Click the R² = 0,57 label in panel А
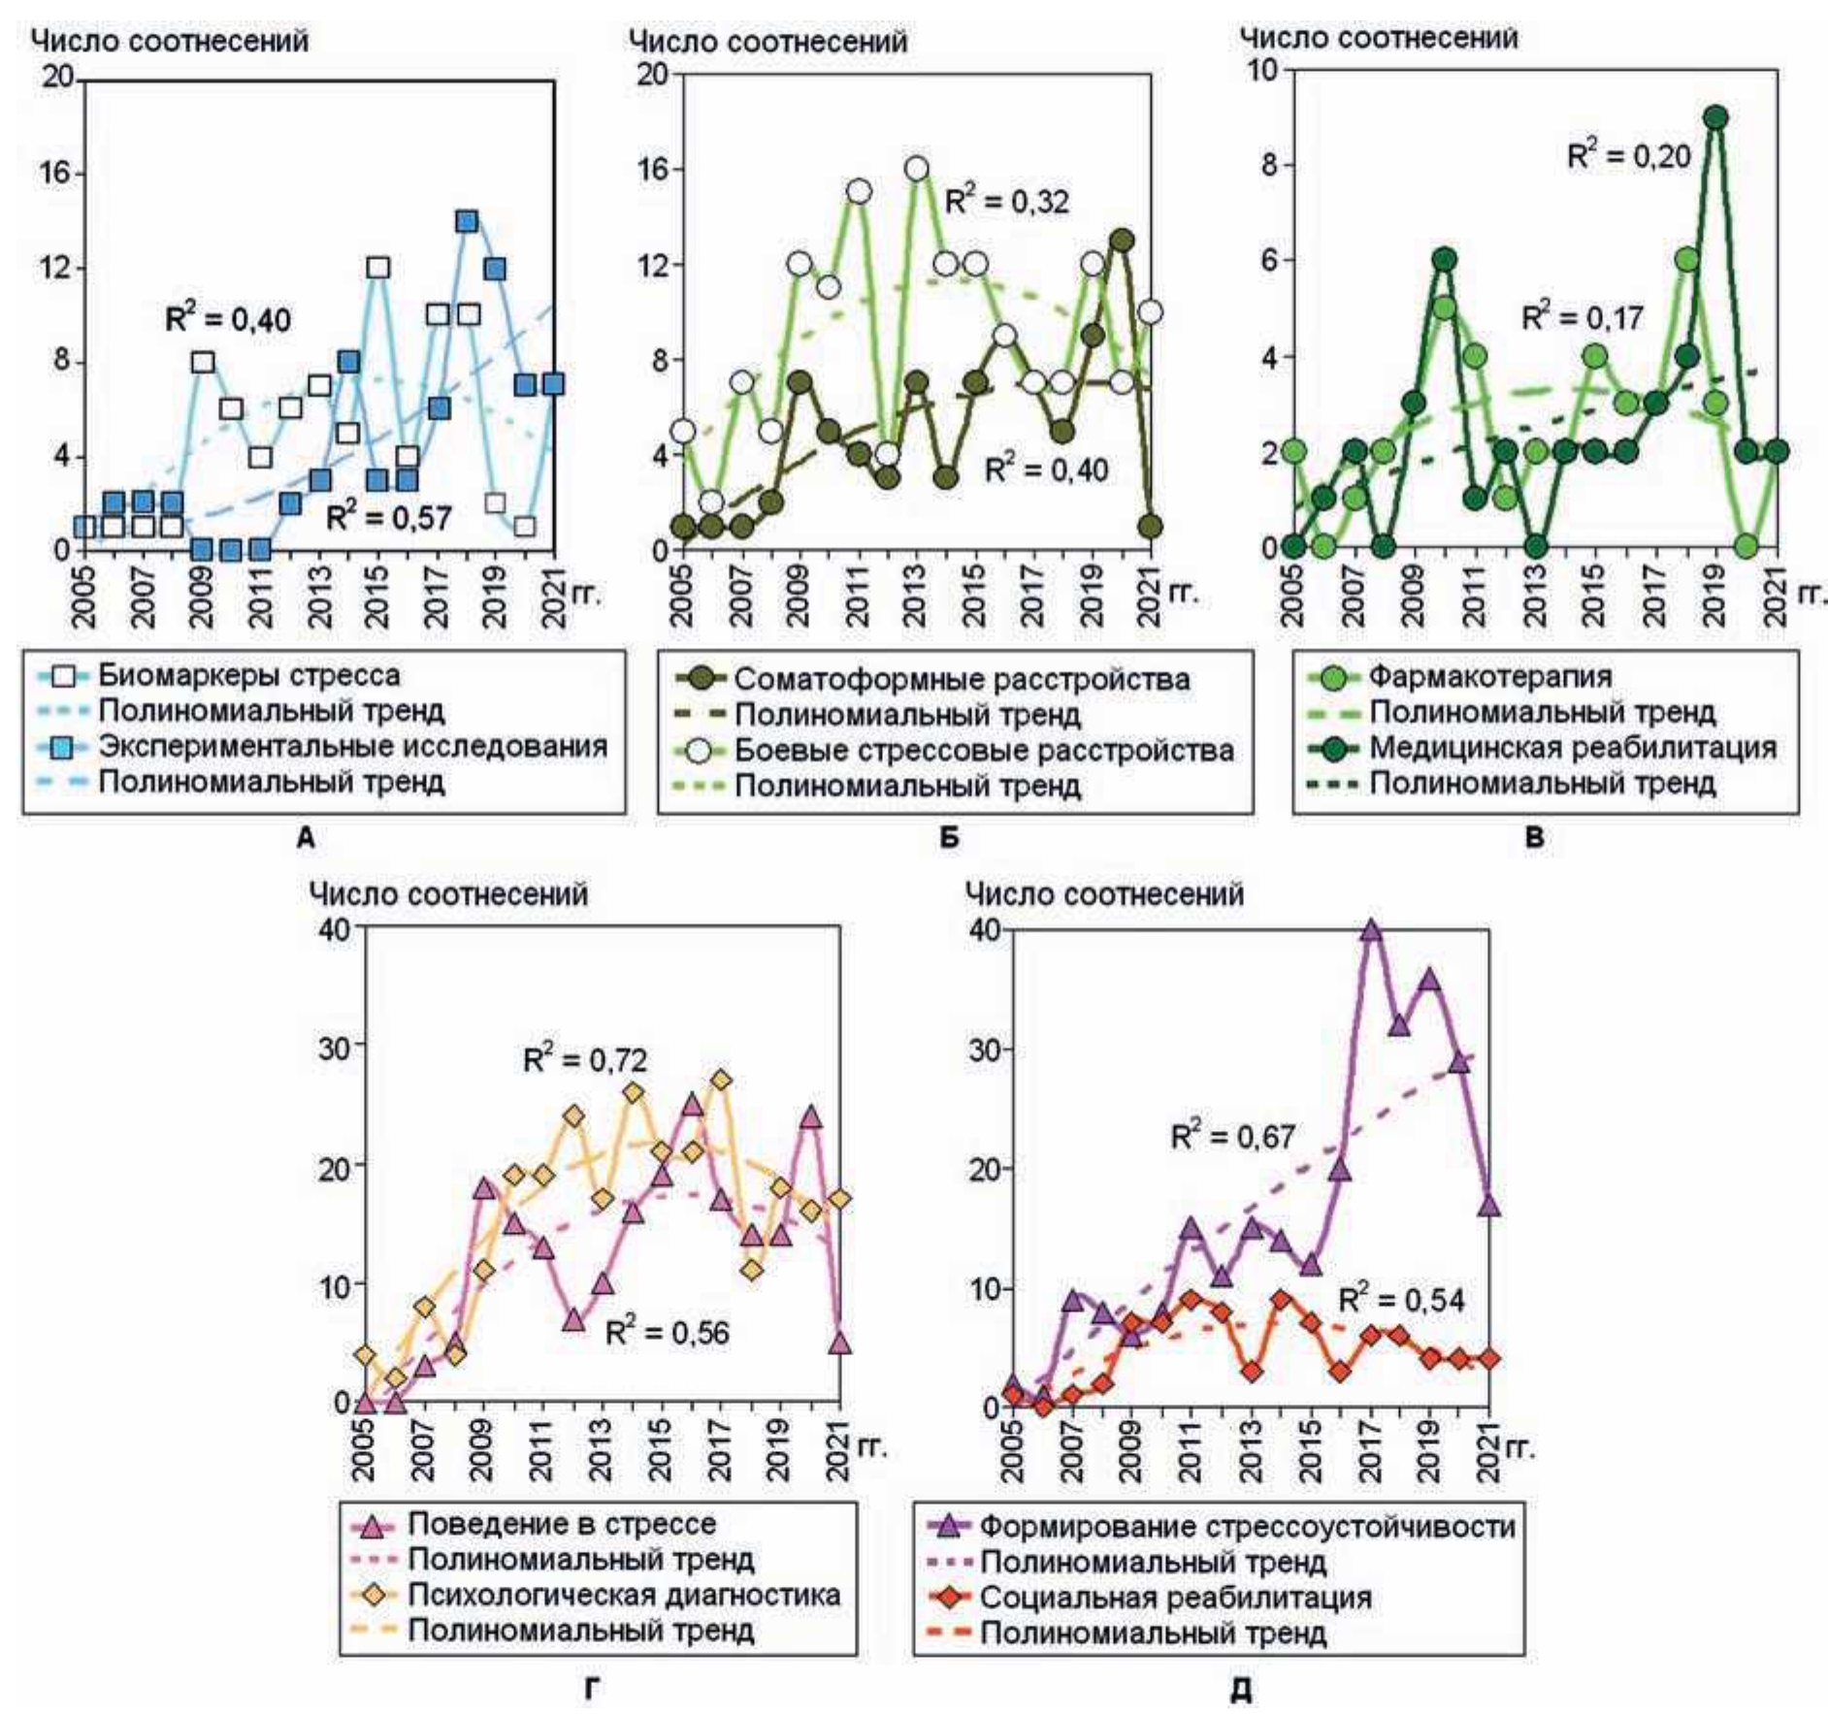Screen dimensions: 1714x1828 click(x=388, y=517)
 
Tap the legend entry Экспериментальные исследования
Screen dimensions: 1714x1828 click(x=352, y=746)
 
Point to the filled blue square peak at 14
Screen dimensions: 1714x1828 click(x=467, y=221)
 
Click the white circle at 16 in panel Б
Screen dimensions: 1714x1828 click(x=917, y=169)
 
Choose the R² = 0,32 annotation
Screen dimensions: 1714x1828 click(x=1006, y=201)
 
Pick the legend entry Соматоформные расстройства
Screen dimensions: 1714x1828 click(x=962, y=679)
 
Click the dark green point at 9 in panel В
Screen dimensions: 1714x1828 click(x=1715, y=117)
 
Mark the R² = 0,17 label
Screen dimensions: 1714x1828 click(x=1582, y=317)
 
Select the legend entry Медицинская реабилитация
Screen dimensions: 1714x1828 click(x=1572, y=748)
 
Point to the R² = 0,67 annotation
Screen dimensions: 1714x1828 click(x=1232, y=1136)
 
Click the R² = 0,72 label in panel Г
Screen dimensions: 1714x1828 click(x=584, y=1059)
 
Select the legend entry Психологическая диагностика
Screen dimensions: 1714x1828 click(x=623, y=1595)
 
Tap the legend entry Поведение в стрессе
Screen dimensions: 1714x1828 click(x=561, y=1524)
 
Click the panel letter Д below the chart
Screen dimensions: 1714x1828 click(x=1241, y=1691)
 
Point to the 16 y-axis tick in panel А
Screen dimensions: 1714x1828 click(x=57, y=173)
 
